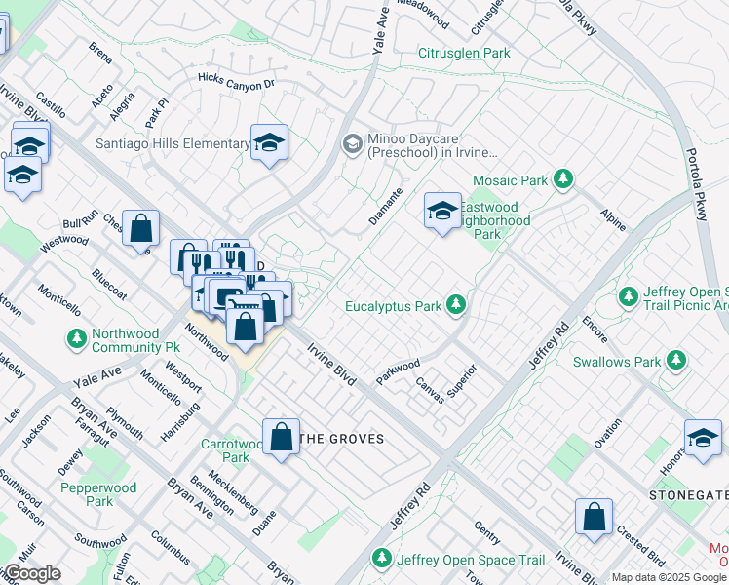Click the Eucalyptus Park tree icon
455,305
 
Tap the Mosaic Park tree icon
561,179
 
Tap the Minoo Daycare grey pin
352,144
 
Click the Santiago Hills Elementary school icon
269,142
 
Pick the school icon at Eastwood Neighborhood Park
441,210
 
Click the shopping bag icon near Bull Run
141,229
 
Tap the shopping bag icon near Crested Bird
594,518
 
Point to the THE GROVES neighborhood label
340,440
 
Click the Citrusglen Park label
464,54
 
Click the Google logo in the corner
31,573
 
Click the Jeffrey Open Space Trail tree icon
383,560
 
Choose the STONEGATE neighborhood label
688,495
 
